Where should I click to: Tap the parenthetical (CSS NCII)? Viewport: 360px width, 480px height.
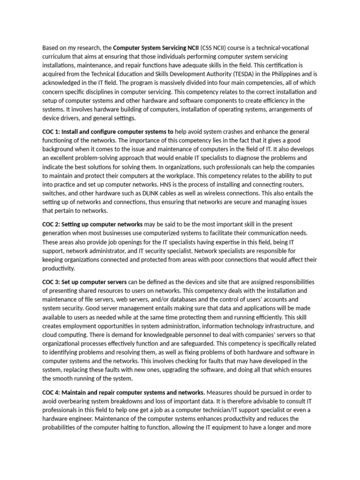coord(217,48)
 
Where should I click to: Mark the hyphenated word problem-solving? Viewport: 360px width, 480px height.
coord(113,158)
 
